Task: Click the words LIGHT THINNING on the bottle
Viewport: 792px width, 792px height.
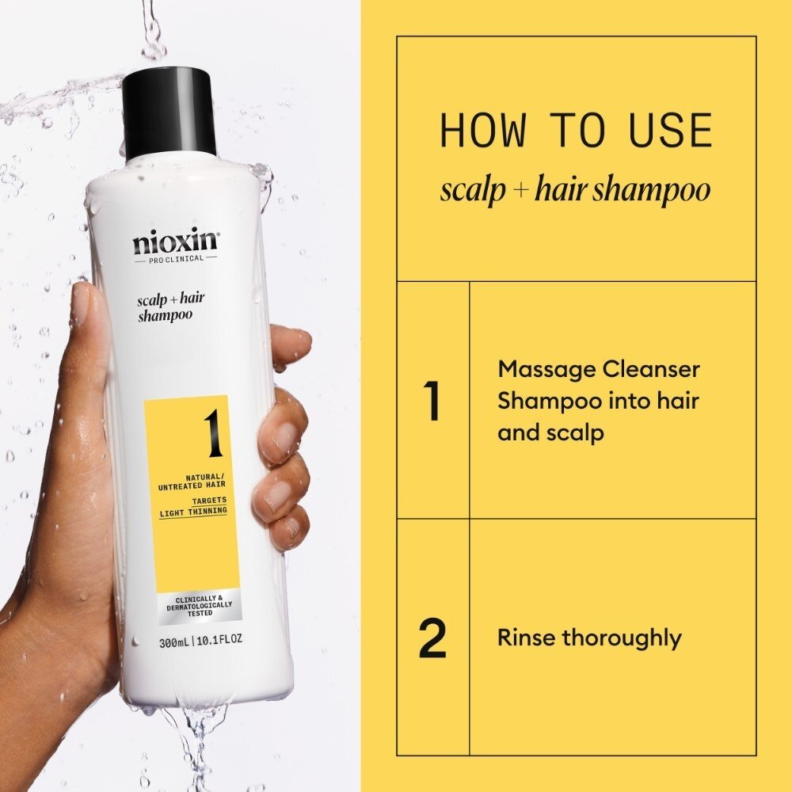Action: [193, 511]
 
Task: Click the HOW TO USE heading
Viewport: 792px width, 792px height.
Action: [576, 131]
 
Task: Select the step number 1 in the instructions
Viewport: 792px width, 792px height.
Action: [432, 401]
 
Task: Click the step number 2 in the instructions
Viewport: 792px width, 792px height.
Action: [432, 638]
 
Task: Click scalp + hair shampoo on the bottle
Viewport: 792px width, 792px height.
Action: [166, 306]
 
